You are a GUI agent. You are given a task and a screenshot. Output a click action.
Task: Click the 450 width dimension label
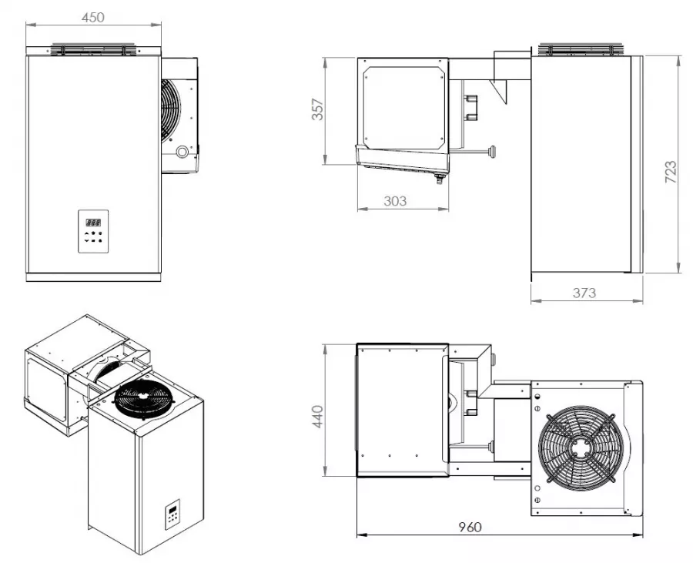(x=93, y=16)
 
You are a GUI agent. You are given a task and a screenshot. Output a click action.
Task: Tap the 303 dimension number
(x=395, y=201)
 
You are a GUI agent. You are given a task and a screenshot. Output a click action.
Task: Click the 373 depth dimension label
(x=585, y=293)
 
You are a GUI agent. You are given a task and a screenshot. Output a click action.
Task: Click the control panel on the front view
(x=93, y=230)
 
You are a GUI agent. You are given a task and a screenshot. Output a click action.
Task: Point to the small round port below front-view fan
(x=182, y=152)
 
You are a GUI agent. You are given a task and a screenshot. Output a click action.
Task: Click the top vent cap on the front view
(x=93, y=49)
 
